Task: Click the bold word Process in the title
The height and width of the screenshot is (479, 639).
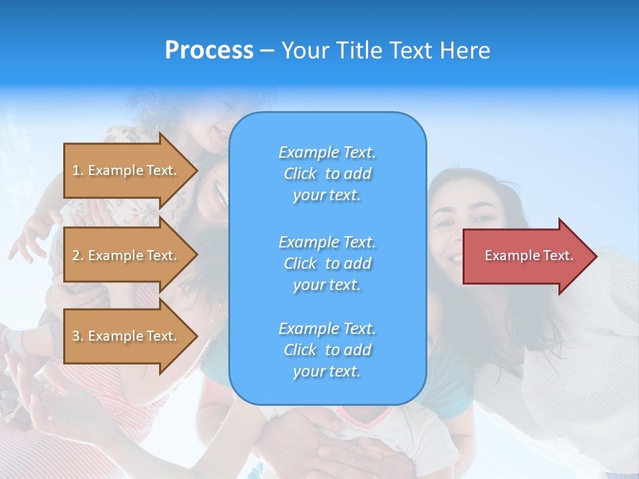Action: point(209,51)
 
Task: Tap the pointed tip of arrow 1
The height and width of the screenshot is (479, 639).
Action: point(196,170)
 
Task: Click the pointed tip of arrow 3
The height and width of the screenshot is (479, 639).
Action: point(196,336)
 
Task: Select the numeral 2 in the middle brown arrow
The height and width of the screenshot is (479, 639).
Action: point(77,255)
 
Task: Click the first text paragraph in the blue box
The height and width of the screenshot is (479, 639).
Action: point(327,174)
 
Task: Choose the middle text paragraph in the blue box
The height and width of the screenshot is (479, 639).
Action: point(327,263)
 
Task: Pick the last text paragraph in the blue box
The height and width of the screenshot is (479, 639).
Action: point(327,350)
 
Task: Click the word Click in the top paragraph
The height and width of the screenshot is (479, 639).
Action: point(300,174)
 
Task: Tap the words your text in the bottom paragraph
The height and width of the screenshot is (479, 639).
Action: point(327,371)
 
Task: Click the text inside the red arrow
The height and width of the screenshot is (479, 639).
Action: point(529,255)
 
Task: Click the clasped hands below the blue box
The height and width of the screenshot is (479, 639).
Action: point(333,446)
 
